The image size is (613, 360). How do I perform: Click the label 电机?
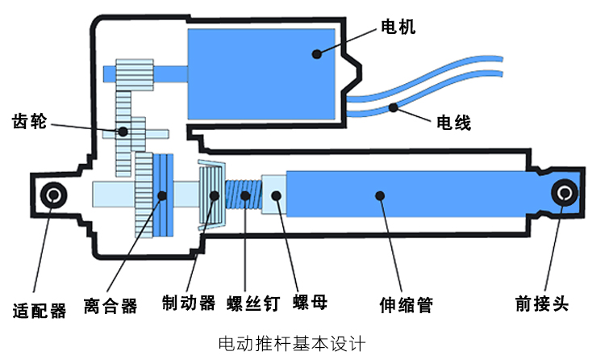tap(398, 27)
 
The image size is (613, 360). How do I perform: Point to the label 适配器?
tap(40, 311)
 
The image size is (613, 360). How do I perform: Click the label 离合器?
tap(111, 306)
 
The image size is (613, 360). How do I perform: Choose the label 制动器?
tap(189, 303)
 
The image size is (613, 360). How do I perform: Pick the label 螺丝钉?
tap(253, 303)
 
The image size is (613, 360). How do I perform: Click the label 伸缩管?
tap(406, 305)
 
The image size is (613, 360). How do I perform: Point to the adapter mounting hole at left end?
tap(56, 195)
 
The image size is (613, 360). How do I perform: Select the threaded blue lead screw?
tap(243, 195)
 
